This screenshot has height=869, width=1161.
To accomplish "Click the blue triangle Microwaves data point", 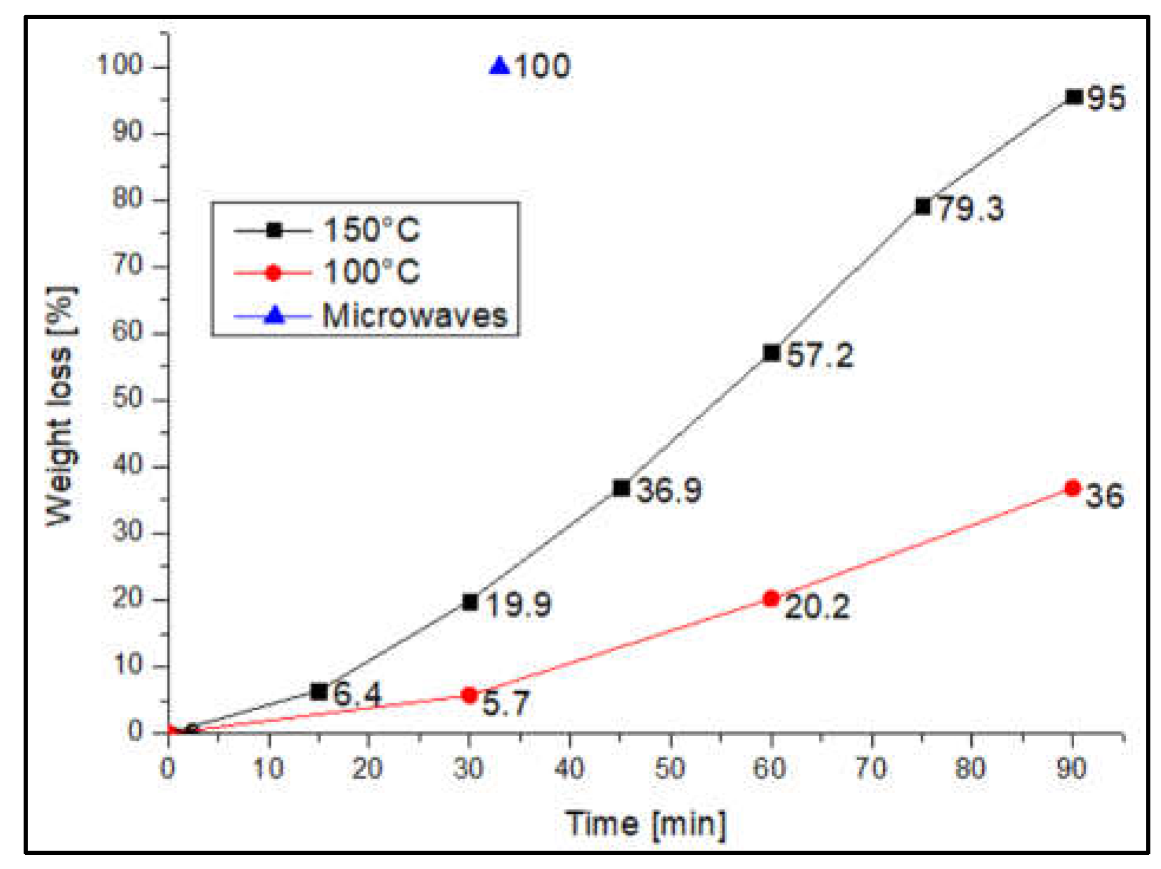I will pos(499,66).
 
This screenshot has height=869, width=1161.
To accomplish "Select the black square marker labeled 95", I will pos(1074,97).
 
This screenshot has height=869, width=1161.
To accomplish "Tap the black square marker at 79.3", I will pos(923,206).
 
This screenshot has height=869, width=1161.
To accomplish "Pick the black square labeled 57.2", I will pos(771,353).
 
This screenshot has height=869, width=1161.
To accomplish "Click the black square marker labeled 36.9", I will pos(621,488).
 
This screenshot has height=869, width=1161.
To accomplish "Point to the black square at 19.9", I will pos(470,602).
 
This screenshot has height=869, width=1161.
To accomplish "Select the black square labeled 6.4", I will pos(319,691).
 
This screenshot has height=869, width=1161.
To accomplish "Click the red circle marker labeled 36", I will pos(1072,488).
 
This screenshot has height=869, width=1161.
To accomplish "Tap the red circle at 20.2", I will pos(771,599).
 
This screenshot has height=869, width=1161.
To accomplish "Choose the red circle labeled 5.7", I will pos(469,695).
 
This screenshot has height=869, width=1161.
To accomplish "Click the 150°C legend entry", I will pos(371,230).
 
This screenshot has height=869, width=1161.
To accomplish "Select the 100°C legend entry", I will pos(371,273).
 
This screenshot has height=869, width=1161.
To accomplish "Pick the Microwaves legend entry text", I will pos(414,316).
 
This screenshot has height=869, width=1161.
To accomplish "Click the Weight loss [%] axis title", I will pos(60,406).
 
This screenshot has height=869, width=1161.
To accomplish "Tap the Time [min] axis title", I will pos(646,823).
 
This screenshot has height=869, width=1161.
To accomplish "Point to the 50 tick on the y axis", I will pos(128,399).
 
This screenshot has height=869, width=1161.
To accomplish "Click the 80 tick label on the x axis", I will pos(971,769).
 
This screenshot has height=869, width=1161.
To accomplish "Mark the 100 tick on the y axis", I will pos(120,65).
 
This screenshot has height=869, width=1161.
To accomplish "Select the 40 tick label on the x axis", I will pos(570,769).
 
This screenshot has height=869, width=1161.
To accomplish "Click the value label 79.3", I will pos(971,209).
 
